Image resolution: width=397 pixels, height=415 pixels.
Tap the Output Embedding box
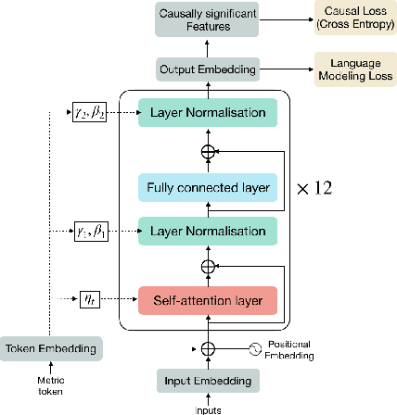207,69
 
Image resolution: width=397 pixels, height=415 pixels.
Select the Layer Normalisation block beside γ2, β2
208,113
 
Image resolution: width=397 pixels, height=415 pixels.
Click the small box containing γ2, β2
90,113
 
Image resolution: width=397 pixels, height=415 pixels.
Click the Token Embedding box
50,348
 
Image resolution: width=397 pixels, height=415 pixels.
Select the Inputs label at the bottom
207,409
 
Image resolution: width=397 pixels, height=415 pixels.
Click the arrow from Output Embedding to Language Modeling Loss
284,69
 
